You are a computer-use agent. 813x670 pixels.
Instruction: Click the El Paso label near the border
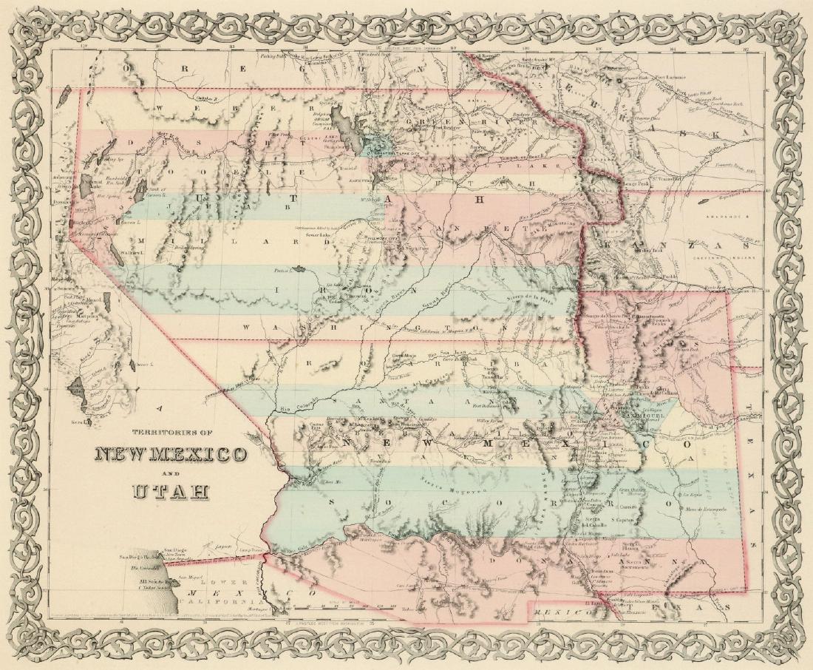point(590,602)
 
